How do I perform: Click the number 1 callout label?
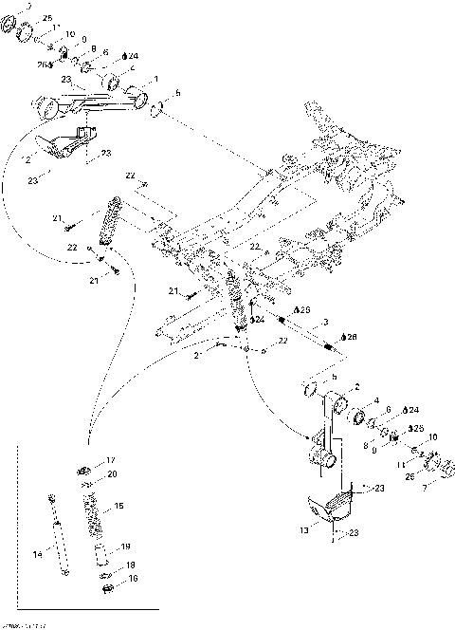click(x=155, y=79)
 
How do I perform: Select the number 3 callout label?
click(x=325, y=323)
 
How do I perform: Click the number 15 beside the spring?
click(x=118, y=507)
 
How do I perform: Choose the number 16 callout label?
click(x=133, y=578)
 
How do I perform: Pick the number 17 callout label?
click(x=110, y=459)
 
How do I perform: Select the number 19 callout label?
click(x=125, y=547)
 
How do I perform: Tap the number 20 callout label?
click(x=111, y=473)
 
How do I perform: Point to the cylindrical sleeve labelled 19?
click(x=98, y=554)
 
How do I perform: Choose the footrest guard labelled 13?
click(x=332, y=505)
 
